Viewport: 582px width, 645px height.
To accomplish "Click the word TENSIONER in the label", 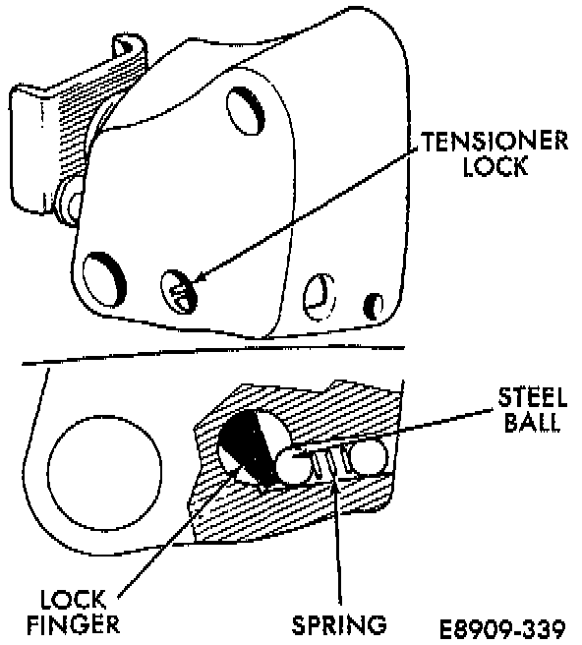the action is (x=495, y=142).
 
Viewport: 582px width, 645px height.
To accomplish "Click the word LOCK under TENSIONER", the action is (x=495, y=166).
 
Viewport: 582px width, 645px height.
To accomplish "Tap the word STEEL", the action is (x=533, y=397).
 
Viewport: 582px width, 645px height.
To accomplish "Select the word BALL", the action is (x=533, y=421).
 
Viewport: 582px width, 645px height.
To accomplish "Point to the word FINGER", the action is (x=73, y=625).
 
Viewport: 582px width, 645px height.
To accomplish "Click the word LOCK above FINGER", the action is (x=73, y=600).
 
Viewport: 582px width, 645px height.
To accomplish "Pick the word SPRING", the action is (x=339, y=625).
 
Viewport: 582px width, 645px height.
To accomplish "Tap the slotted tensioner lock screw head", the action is (x=179, y=292).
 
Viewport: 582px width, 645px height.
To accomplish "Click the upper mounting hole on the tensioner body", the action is (x=246, y=110).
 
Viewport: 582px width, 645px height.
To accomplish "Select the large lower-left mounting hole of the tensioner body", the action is (x=104, y=279).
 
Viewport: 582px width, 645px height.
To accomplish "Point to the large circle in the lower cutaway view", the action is (x=105, y=472).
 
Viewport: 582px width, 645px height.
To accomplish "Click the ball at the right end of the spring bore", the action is (x=367, y=456).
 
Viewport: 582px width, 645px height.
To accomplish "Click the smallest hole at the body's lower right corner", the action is (x=374, y=306).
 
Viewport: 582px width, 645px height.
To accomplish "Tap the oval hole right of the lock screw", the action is (x=320, y=297).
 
